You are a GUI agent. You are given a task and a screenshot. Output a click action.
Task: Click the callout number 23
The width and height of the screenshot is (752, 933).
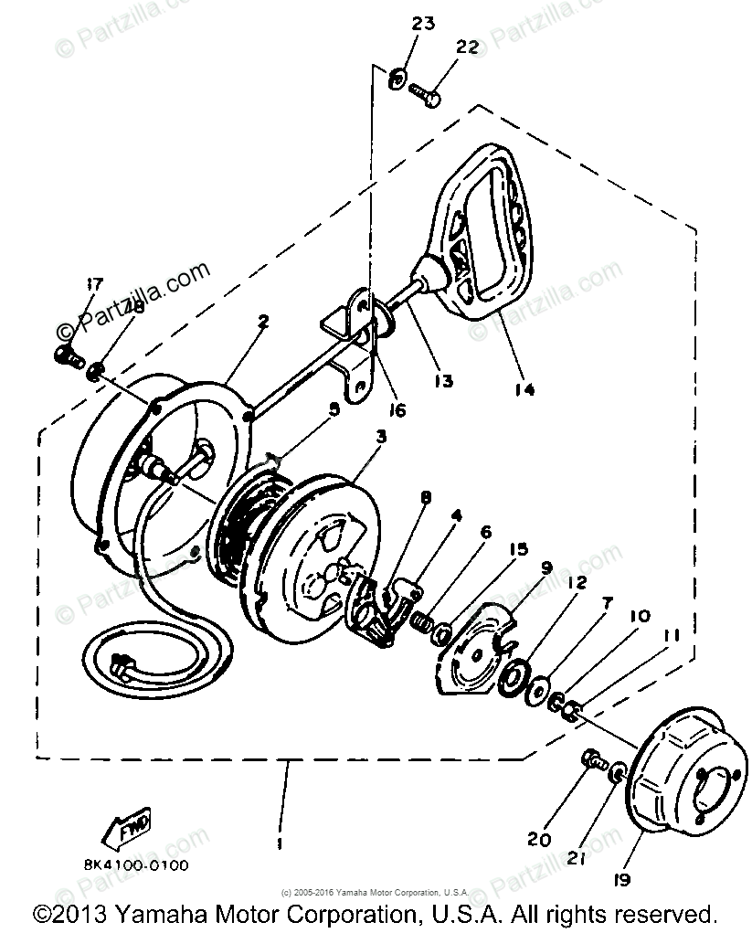tap(424, 24)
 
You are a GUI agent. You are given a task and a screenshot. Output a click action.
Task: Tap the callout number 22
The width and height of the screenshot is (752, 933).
tap(466, 48)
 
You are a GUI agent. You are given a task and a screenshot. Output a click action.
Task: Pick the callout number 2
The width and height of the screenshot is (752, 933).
tap(263, 321)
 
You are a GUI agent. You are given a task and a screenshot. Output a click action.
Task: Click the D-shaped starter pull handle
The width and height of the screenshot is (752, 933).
tap(481, 239)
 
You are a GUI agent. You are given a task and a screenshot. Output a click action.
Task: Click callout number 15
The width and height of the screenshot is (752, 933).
tap(519, 549)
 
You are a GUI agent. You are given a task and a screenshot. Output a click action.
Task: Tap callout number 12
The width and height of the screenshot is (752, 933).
tap(577, 582)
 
